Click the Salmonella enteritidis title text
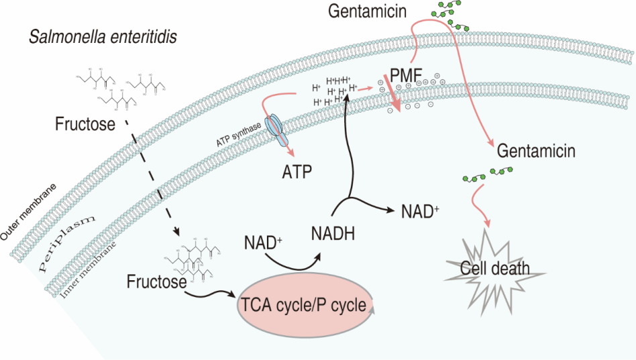[102, 38]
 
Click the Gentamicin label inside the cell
[536, 151]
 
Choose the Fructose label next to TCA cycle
[156, 282]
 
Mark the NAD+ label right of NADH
[421, 211]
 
